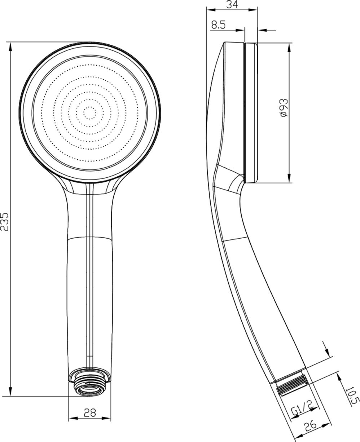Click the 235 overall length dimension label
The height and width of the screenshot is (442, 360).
[5, 221]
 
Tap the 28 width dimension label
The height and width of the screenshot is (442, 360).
[90, 413]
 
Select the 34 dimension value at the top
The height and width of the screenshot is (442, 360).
[232, 4]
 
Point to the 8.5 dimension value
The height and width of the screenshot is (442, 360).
[218, 25]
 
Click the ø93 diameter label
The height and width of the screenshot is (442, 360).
[284, 108]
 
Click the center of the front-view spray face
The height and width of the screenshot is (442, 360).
[90, 113]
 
